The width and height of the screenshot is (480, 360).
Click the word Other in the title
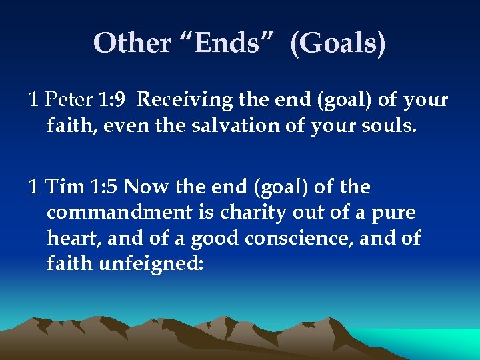point(133,43)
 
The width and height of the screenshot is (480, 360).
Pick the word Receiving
point(185,100)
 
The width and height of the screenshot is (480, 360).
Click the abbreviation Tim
point(65,187)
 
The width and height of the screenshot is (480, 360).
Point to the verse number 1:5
point(105,187)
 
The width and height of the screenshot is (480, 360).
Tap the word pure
point(393,213)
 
